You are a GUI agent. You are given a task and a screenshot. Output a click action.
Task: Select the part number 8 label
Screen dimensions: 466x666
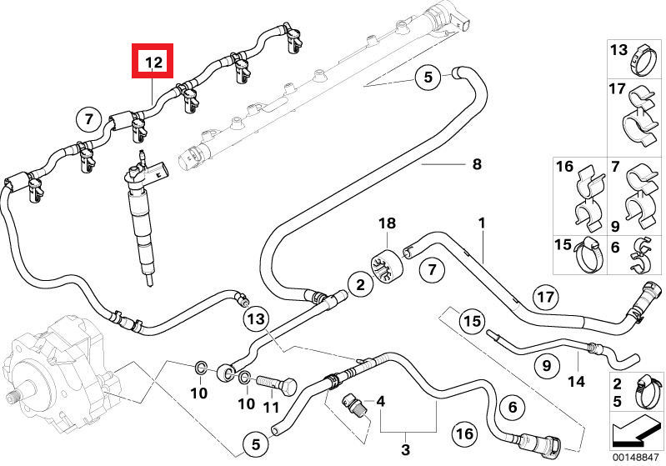(x=477, y=165)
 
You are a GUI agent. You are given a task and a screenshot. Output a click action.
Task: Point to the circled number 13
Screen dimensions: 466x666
(x=257, y=318)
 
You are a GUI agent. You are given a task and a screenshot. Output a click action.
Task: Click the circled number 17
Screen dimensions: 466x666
(x=544, y=296)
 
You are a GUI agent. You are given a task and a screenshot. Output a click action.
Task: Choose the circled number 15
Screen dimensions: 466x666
(x=473, y=321)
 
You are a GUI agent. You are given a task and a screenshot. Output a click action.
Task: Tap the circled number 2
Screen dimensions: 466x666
(x=360, y=286)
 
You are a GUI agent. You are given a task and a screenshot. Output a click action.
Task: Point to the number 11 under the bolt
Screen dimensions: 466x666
(x=269, y=408)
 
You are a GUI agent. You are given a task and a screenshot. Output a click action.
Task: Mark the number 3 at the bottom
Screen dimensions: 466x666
(x=406, y=450)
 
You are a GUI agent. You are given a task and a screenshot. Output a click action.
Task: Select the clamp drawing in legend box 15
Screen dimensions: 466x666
(x=589, y=253)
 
